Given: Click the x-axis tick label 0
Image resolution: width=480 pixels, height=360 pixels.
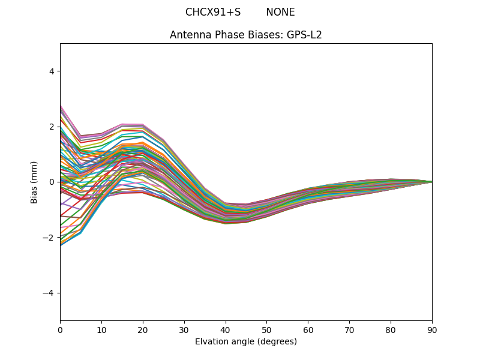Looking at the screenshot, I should [x=60, y=329].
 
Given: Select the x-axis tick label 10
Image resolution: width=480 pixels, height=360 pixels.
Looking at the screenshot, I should [x=101, y=329].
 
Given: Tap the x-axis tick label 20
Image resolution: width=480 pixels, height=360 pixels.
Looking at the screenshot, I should [x=143, y=329].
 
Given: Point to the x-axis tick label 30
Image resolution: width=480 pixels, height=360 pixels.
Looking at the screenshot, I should [x=184, y=329].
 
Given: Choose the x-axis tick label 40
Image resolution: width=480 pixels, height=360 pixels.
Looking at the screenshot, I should [x=226, y=329].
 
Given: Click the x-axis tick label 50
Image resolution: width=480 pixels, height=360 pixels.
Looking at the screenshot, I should [x=266, y=329].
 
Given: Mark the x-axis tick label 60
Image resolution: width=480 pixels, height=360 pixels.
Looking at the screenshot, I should [x=308, y=329].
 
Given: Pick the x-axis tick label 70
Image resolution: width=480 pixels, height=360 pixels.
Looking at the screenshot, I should [x=349, y=329].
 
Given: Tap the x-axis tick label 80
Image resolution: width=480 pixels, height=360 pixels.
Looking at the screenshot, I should [x=391, y=329].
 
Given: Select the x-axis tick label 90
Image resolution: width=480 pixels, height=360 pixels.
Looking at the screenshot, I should [x=432, y=329].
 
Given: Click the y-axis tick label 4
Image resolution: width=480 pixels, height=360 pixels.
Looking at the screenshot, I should [x=52, y=71].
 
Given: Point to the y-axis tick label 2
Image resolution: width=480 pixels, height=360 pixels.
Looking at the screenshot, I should [x=52, y=127].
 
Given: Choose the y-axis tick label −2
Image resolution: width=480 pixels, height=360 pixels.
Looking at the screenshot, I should [x=49, y=238].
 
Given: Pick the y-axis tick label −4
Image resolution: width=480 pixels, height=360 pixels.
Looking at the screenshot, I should [x=49, y=293].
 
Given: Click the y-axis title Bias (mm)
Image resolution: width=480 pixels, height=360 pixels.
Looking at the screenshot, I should [x=35, y=182].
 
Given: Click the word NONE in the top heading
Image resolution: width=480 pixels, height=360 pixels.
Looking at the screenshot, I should [x=280, y=12].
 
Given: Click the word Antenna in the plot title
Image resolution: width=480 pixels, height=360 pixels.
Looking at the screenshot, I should [x=188, y=35].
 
